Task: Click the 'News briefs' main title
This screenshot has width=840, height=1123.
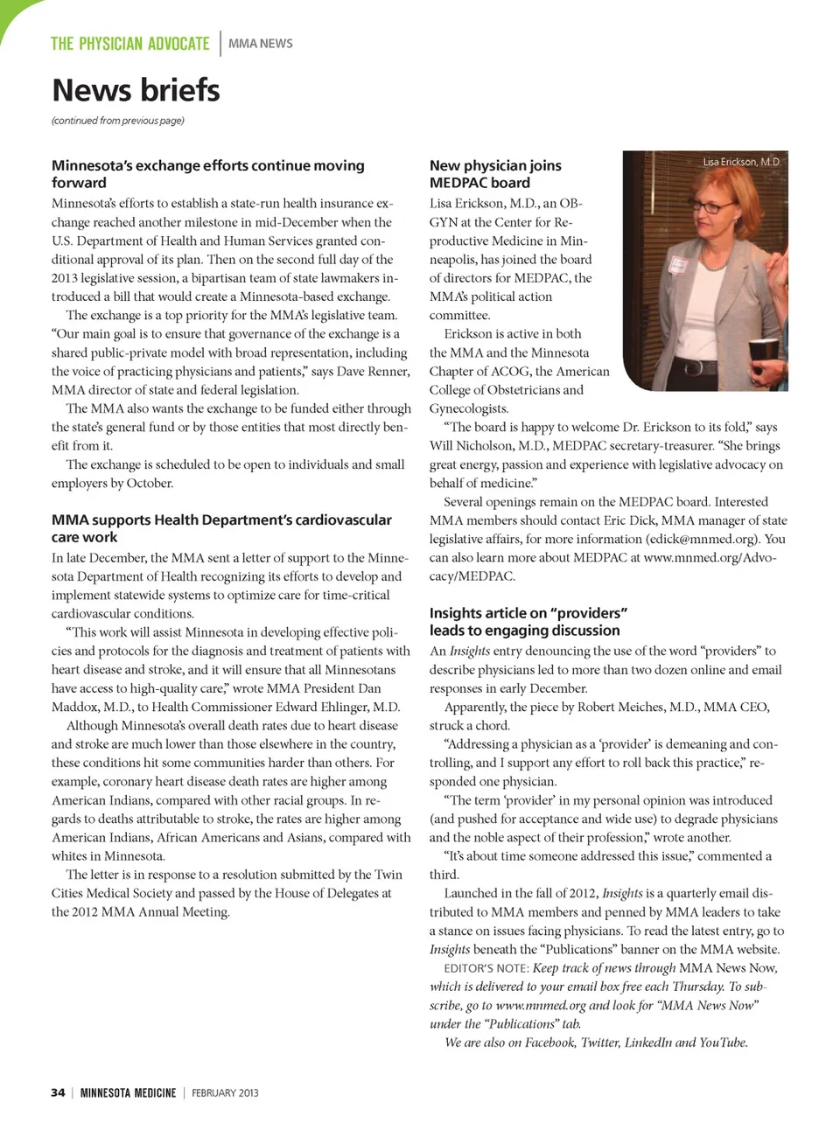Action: pyautogui.click(x=136, y=90)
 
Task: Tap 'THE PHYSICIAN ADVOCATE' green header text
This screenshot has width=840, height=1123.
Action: pyautogui.click(x=129, y=44)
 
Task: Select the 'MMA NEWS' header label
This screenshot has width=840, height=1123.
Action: pyautogui.click(x=261, y=44)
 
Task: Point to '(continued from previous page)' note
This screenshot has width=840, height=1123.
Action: pyautogui.click(x=118, y=121)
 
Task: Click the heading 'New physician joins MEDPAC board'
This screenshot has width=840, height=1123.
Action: pyautogui.click(x=495, y=174)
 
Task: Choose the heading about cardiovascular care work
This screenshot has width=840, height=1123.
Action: pyautogui.click(x=221, y=528)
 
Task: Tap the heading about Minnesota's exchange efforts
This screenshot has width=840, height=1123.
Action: pyautogui.click(x=207, y=174)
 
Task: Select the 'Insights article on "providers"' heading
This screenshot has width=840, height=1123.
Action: pyautogui.click(x=528, y=622)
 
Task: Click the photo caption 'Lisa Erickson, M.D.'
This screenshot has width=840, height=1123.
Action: pyautogui.click(x=742, y=162)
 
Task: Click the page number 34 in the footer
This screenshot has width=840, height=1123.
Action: pyautogui.click(x=58, y=1092)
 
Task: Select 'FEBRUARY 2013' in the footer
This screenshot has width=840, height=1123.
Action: pyautogui.click(x=225, y=1092)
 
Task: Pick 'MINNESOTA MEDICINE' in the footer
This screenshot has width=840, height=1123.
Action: pyautogui.click(x=128, y=1092)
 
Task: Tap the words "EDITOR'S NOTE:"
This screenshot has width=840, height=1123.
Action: pyautogui.click(x=486, y=968)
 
